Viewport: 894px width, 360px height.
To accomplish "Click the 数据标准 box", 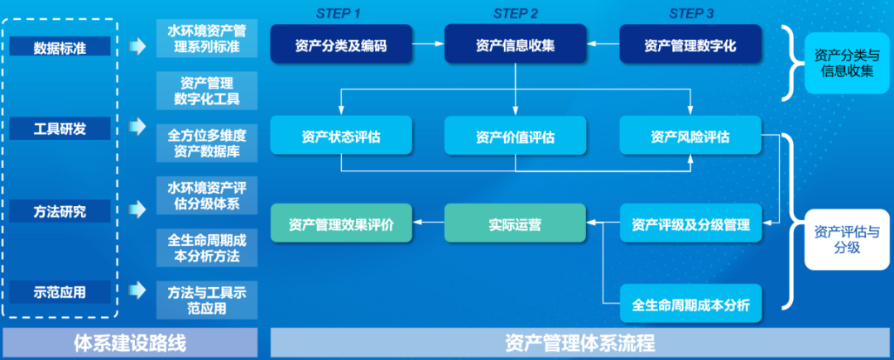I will [60, 46].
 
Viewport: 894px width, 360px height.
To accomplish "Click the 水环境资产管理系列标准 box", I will [207, 39].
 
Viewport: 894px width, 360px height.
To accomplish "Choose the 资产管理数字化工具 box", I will [207, 90].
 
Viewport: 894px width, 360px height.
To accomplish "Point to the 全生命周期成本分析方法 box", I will [207, 247].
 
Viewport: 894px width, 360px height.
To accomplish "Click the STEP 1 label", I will [339, 12].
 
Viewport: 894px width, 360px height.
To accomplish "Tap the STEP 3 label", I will [691, 12].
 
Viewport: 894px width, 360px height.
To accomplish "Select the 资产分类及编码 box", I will [340, 46].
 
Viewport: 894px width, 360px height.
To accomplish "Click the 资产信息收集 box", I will [515, 46].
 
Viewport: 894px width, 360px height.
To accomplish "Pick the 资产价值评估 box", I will [515, 136].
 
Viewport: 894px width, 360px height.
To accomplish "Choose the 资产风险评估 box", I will [690, 136].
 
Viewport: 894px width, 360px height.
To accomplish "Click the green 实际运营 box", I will [515, 223].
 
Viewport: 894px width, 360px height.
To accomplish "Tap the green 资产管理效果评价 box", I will [340, 223].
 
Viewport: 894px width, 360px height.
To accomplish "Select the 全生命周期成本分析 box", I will [690, 305].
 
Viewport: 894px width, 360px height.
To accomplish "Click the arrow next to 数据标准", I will [137, 46].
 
